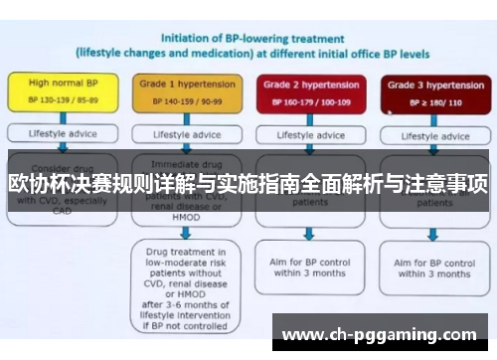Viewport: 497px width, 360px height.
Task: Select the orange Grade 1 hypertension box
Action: (182, 90)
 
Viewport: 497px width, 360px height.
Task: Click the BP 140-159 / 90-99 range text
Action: (182, 100)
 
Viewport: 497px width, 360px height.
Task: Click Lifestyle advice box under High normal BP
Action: (58, 131)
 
